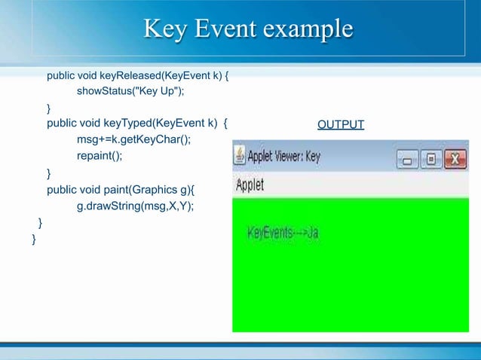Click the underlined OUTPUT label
click(x=341, y=124)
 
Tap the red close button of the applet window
click(x=455, y=159)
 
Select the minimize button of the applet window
click(x=407, y=159)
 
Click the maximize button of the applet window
click(x=431, y=159)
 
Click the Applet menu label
click(x=250, y=185)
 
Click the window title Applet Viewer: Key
click(x=284, y=157)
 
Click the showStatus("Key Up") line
click(x=130, y=91)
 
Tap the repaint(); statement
click(x=99, y=156)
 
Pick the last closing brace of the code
click(x=34, y=239)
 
